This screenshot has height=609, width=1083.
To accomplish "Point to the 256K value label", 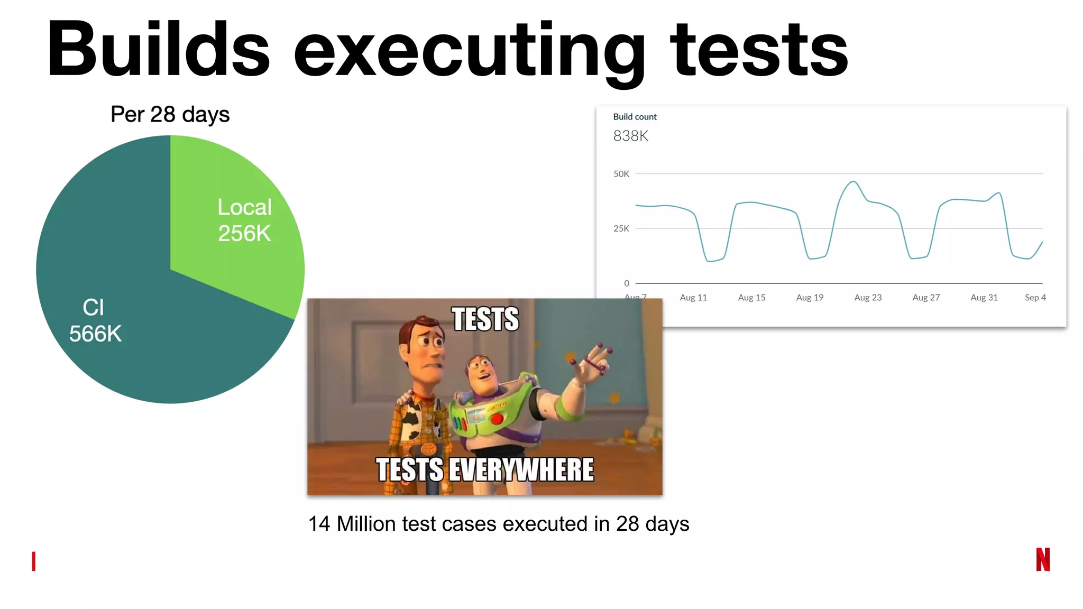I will (x=244, y=234).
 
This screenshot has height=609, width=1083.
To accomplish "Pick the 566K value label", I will (x=95, y=334).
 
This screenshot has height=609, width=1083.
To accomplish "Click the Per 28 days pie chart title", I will (x=170, y=115).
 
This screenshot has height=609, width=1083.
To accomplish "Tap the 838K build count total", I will (x=630, y=136).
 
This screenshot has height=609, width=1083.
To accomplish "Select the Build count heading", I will (x=635, y=117).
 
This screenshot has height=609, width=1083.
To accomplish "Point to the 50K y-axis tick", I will (x=621, y=174).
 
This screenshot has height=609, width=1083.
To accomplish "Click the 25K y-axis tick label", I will (x=621, y=229).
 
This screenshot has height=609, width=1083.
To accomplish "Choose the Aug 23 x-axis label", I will (x=868, y=298).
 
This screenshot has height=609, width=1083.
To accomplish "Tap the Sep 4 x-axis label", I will (x=1035, y=298).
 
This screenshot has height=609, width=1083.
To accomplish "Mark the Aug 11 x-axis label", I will (x=693, y=298).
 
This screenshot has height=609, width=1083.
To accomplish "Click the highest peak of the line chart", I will (x=853, y=182).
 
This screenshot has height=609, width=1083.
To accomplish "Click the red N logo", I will (x=1043, y=559).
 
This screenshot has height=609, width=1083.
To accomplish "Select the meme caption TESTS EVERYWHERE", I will (x=485, y=470).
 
